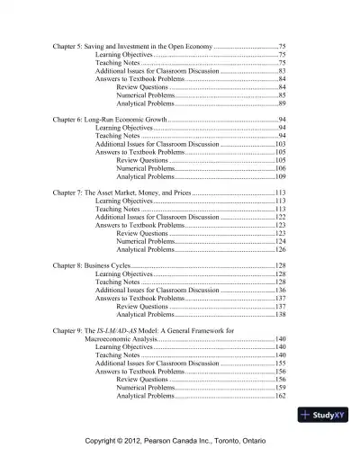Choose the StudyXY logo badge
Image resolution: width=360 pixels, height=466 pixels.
[319, 415]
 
